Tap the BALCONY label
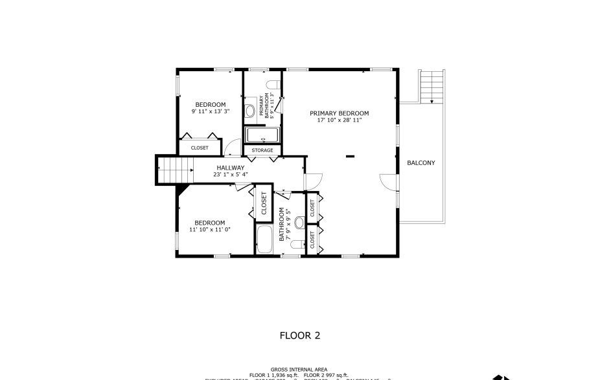tap(421, 162)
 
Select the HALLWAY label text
tap(231, 168)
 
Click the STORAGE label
tap(262, 151)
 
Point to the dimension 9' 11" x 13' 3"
tap(211, 111)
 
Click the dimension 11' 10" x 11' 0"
tap(210, 229)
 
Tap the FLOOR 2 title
tap(299, 335)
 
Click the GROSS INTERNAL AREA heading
tap(299, 369)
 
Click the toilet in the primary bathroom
tap(273, 84)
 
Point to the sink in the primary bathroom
tap(250, 110)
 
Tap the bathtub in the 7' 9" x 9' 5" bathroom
tap(265, 240)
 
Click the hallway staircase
tap(176, 170)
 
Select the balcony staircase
tap(431, 85)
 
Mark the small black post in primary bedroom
tap(350, 156)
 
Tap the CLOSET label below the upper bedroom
tap(200, 148)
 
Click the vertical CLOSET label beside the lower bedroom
tap(264, 204)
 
